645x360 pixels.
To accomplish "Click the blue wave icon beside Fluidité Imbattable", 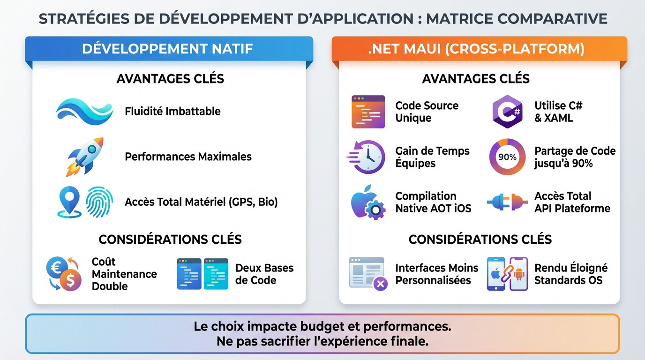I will [x=84, y=111].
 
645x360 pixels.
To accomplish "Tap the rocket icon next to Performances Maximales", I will [x=85, y=157].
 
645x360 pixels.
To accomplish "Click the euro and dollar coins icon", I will [x=64, y=274].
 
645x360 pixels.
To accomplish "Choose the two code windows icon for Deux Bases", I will [x=202, y=274].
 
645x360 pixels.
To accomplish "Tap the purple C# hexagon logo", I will [x=507, y=112].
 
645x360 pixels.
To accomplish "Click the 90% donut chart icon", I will [x=507, y=157].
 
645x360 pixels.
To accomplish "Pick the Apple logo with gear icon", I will [x=367, y=202].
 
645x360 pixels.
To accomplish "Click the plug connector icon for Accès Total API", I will [x=507, y=202].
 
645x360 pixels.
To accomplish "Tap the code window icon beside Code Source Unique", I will [x=368, y=112].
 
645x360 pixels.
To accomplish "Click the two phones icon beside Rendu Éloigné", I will [x=507, y=274].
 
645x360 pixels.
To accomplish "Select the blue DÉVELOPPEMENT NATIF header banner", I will [x=169, y=49].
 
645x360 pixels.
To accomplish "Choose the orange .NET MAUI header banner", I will [x=479, y=49].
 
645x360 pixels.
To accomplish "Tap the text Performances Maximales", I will [x=188, y=157].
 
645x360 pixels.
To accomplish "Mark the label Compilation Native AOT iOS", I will [x=433, y=202].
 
